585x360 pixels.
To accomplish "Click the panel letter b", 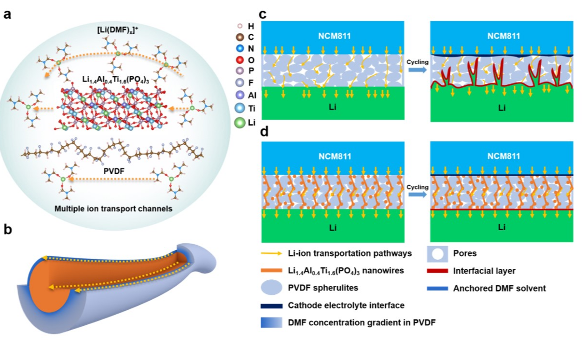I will tap(8, 229).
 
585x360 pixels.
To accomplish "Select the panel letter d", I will tap(264, 132).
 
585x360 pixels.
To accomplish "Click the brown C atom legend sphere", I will tap(238, 37).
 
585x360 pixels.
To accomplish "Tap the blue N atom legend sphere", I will tap(238, 48).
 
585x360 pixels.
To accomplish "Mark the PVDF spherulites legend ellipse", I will tap(273, 289).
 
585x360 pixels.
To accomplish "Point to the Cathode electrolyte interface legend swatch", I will tap(273, 305).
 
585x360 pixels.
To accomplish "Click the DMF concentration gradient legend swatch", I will tap(273, 322).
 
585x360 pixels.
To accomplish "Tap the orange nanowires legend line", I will tap(273, 271).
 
